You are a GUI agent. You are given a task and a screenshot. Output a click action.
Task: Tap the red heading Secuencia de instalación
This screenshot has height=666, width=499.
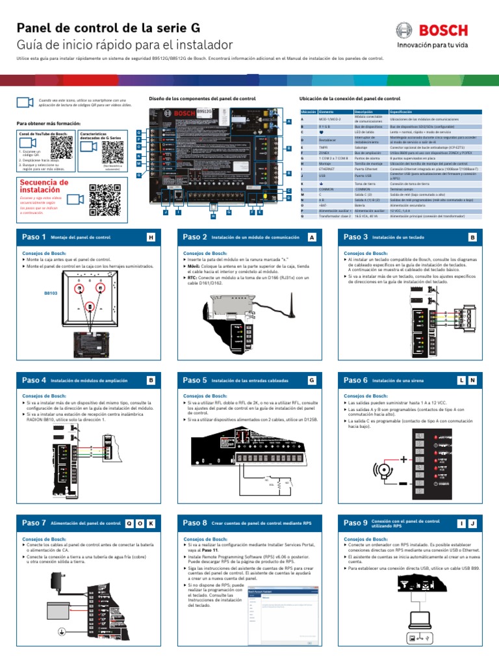click(44, 187)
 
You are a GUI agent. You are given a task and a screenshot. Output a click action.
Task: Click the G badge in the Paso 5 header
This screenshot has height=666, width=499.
click(312, 380)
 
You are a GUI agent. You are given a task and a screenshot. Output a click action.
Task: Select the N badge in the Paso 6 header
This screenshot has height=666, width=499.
click(472, 380)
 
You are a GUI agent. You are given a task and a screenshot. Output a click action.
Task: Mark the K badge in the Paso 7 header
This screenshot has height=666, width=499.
click(151, 523)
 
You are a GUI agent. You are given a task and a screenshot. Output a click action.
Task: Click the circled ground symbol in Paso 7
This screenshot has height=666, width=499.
click(62, 630)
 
